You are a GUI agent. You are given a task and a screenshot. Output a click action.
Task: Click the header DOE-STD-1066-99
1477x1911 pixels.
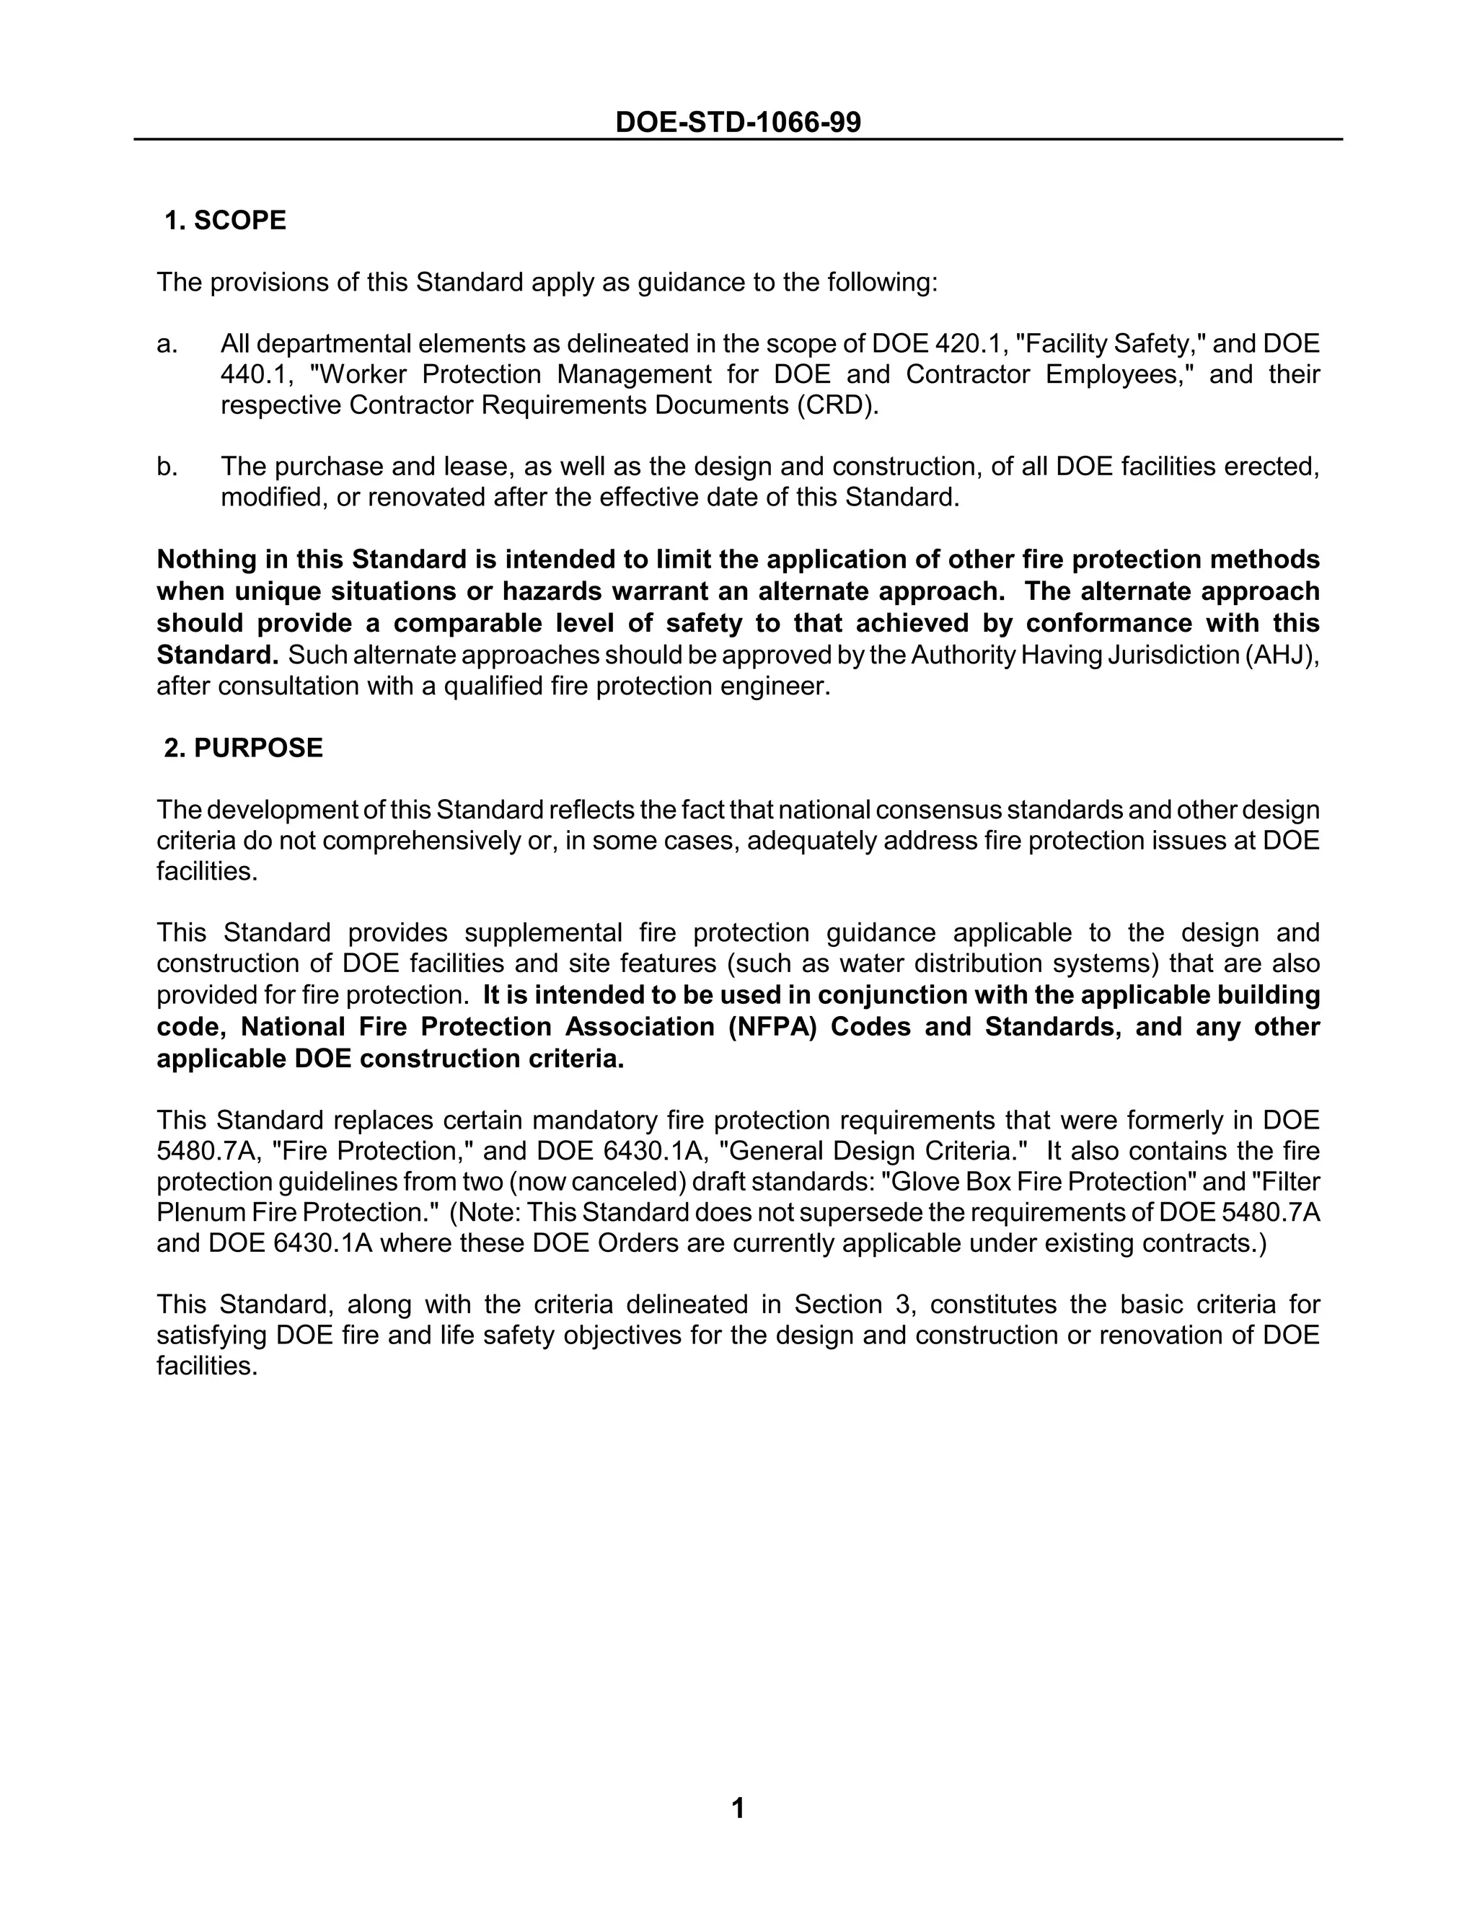[x=738, y=122]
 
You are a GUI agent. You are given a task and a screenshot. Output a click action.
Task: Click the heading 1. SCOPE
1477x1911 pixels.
[x=226, y=221]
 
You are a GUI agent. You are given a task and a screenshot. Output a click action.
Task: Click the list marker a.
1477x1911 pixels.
[x=167, y=344]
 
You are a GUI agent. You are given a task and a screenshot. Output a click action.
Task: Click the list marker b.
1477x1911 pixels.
[x=167, y=467]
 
